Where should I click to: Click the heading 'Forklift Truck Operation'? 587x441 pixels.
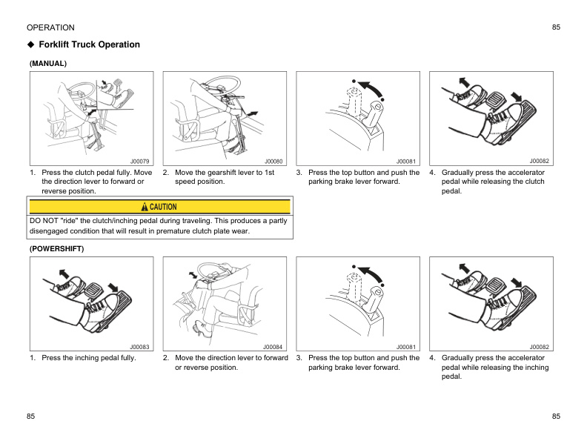click(89, 44)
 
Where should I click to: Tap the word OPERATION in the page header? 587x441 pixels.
click(50, 27)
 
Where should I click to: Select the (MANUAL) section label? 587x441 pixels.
click(48, 64)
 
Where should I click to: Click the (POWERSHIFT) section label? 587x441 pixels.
click(56, 249)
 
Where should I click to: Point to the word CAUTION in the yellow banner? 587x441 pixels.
click(165, 207)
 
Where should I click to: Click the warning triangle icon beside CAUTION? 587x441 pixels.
click(145, 207)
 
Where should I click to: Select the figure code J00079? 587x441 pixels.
click(140, 161)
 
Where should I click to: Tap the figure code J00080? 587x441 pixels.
click(273, 161)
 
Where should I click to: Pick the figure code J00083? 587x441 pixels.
click(140, 346)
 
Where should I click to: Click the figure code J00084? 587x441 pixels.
click(273, 346)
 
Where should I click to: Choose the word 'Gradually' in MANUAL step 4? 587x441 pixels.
click(460, 173)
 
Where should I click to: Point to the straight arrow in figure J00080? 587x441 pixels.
click(253, 112)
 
